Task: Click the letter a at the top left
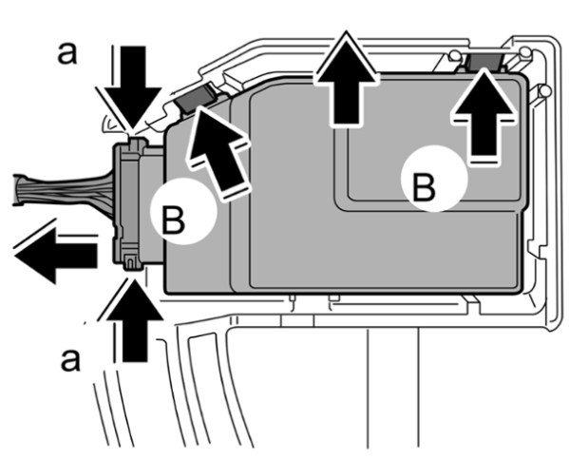[67, 54]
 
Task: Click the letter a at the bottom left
[70, 360]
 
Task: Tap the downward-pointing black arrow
[133, 87]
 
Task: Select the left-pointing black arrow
[55, 256]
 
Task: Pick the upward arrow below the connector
[135, 320]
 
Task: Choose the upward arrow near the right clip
[484, 116]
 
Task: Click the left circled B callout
[184, 212]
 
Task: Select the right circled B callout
[434, 179]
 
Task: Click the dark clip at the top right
[484, 62]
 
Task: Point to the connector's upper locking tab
[135, 143]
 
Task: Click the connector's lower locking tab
[131, 262]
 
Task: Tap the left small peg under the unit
[293, 297]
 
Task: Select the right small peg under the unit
[333, 297]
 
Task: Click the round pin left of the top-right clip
[454, 55]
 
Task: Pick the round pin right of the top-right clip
[525, 52]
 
